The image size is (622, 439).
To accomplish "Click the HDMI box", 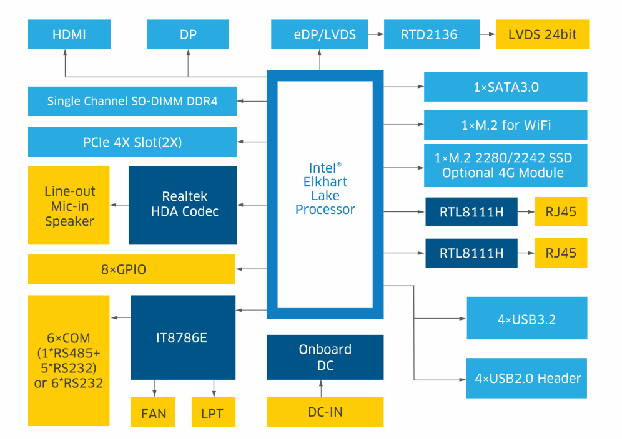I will pyautogui.click(x=69, y=34).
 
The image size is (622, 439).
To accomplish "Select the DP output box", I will pyautogui.click(x=188, y=34).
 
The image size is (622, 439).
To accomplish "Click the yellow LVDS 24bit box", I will pyautogui.click(x=542, y=34).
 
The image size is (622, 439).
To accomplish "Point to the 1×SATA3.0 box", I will pyautogui.click(x=506, y=87).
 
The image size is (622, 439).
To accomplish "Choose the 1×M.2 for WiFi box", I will pyautogui.click(x=506, y=125).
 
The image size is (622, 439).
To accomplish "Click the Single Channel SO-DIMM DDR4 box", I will pyautogui.click(x=132, y=101).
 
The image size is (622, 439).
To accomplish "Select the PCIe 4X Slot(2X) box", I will pyautogui.click(x=132, y=142).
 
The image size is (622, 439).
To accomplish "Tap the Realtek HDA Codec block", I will pyautogui.click(x=183, y=205).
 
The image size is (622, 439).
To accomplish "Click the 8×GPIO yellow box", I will pyautogui.click(x=132, y=269).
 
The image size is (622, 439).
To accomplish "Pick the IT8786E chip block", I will pyautogui.click(x=183, y=337).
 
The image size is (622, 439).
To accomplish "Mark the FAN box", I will pyautogui.click(x=154, y=413).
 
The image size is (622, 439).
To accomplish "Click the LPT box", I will pyautogui.click(x=213, y=413).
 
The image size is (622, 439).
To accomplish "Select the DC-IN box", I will pyautogui.click(x=325, y=412).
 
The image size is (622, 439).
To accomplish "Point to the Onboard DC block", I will pyautogui.click(x=325, y=357).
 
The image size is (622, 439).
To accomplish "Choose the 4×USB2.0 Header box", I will pyautogui.click(x=526, y=378).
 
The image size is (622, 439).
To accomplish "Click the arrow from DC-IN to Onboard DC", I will pyautogui.click(x=322, y=388).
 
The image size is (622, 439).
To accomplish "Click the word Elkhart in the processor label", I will pyautogui.click(x=325, y=182).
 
